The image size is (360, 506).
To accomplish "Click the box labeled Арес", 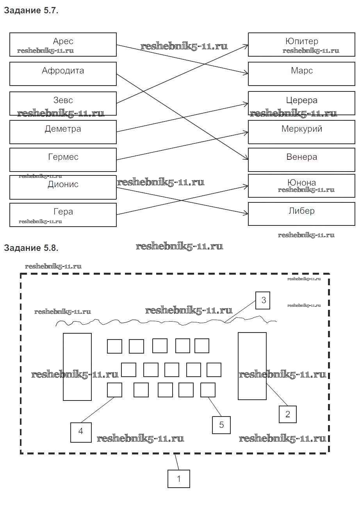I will (63, 45).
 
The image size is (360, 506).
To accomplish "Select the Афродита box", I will (63, 73).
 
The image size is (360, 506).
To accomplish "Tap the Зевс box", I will (63, 103).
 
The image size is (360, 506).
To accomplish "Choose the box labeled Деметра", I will (63, 132).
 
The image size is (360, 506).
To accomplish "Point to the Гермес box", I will (63, 159).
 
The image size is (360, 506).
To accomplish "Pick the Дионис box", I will (63, 187).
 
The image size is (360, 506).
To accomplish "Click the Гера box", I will (63, 215).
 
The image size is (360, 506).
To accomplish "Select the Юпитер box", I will (301, 45).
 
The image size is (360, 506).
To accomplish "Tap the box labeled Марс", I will (301, 73).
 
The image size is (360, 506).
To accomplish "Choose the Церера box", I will (301, 103).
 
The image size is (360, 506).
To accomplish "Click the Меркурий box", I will (301, 132).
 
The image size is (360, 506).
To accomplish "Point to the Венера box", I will (301, 159).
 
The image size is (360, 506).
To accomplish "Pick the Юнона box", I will (301, 186).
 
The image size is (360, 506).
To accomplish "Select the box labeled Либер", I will (301, 214).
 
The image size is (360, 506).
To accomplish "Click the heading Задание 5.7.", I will (31, 11).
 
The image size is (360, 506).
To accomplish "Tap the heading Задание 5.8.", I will (31, 248).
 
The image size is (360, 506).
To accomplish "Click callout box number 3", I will (264, 300).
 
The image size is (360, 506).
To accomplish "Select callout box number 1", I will (179, 479).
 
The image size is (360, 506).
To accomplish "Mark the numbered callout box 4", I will (81, 432).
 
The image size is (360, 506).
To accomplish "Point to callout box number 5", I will (221, 425).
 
